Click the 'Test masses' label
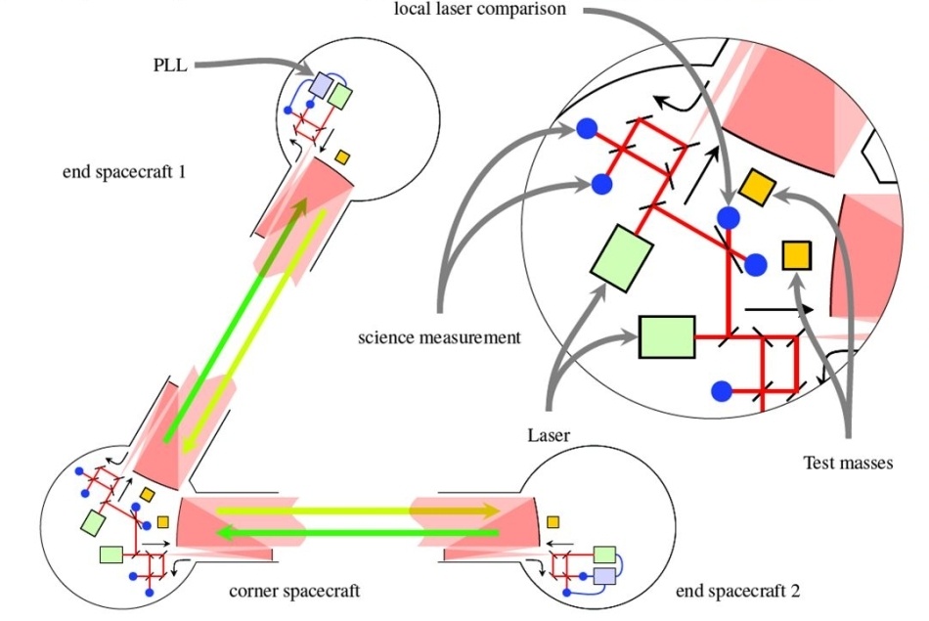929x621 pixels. [x=847, y=463]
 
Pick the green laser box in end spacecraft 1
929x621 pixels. [x=340, y=96]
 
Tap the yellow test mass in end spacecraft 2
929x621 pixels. [x=553, y=521]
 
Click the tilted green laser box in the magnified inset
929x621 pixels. [x=622, y=257]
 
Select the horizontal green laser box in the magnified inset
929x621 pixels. [x=666, y=336]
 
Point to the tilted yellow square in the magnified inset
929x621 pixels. [x=757, y=187]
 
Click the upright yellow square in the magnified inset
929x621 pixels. [x=797, y=255]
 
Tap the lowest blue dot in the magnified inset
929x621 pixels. [x=722, y=391]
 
